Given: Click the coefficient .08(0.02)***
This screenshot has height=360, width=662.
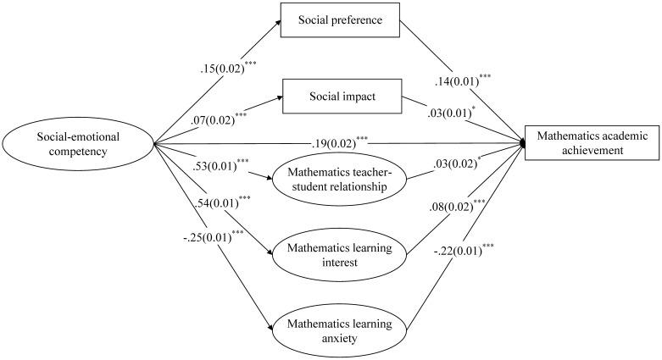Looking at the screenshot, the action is (457, 204).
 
